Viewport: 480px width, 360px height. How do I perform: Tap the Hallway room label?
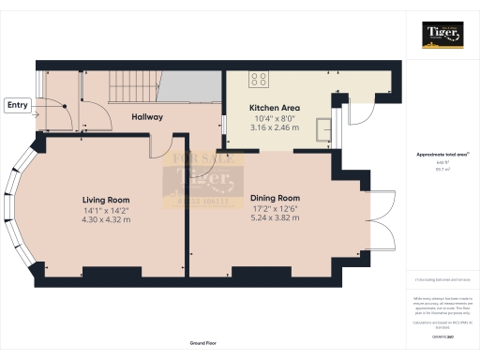coord(146,117)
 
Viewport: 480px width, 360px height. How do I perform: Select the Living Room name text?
coord(105,200)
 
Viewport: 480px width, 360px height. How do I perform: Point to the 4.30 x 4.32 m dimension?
coord(105,219)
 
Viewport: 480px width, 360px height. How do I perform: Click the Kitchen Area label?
coord(275,108)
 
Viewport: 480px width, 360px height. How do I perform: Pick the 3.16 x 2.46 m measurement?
coord(275,127)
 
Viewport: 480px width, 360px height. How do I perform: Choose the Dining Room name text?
coord(275,198)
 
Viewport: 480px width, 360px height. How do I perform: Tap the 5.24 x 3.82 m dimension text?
coord(275,217)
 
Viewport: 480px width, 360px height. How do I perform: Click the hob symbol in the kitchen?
coord(259,79)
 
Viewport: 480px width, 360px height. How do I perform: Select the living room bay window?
coord(22,205)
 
